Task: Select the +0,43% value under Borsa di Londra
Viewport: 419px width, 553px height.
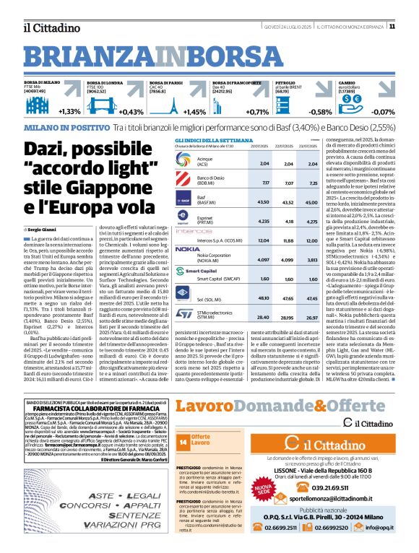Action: [x=131, y=112]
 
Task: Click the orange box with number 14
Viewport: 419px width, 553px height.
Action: [x=183, y=441]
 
